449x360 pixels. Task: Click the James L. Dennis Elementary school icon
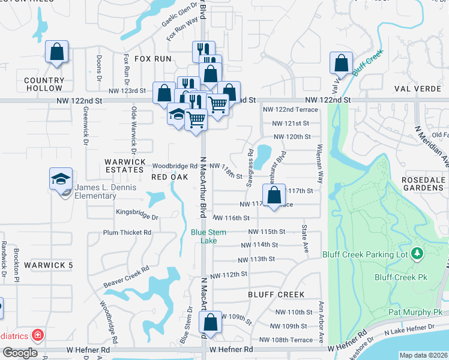point(61,179)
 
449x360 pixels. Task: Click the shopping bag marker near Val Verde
point(341,63)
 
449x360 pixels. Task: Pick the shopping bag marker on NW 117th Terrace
point(274,196)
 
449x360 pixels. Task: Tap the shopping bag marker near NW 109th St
point(211,322)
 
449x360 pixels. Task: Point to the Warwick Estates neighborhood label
point(125,162)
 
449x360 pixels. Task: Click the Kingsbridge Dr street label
point(137,217)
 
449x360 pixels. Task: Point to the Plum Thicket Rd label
point(127,232)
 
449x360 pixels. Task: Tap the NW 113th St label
point(256,259)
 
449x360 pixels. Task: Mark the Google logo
point(20,353)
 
